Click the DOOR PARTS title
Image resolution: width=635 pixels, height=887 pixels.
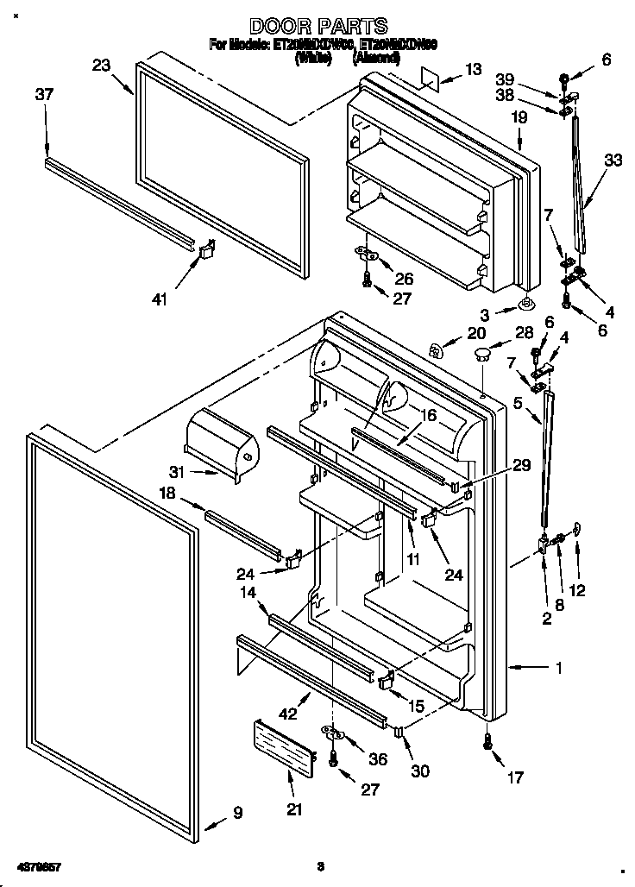318,27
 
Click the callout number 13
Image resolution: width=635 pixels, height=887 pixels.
475,69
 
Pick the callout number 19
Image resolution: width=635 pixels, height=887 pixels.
519,117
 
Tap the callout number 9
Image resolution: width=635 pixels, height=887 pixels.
237,812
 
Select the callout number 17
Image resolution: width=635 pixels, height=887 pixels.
514,777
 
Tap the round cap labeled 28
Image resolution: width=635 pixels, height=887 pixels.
481,353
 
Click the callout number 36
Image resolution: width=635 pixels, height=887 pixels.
378,759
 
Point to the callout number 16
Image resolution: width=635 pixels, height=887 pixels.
428,415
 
